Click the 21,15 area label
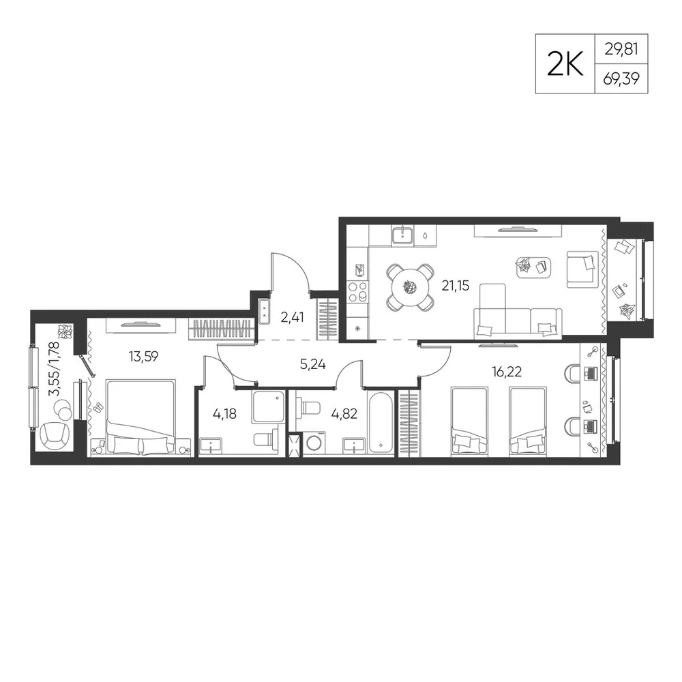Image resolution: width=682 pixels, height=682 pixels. coord(456,286)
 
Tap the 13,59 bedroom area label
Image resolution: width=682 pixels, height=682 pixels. coord(143,357)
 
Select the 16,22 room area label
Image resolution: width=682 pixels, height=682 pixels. coord(507,372)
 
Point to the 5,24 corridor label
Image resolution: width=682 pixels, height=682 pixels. coord(313,364)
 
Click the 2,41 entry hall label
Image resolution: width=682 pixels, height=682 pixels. coord(292,318)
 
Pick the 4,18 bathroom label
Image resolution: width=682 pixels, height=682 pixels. coord(224,413)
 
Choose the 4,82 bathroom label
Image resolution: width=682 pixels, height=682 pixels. coord(344,413)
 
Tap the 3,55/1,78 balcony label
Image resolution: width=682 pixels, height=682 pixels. coord(55,369)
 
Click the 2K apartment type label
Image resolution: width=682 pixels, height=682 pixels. coord(565,64)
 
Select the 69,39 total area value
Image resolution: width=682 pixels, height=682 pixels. coord(621,79)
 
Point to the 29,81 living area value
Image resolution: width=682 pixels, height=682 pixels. coord(621,49)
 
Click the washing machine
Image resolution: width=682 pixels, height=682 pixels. coord(314,443)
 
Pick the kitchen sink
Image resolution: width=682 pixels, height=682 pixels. coord(404,235)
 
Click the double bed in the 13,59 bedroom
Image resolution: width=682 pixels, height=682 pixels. coord(140,417)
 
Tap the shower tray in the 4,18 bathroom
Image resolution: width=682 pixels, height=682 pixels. coord(268,406)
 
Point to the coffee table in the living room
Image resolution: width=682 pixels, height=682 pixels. coord(534,267)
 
